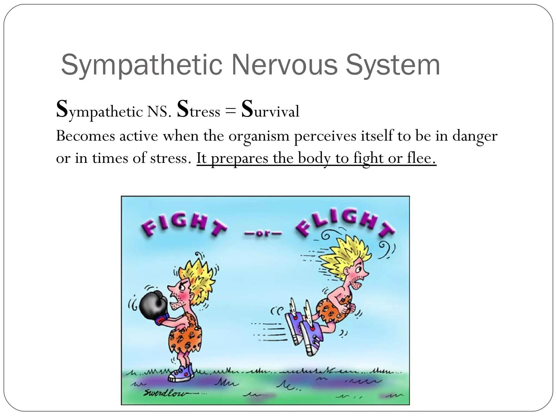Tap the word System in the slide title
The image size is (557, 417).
point(393,65)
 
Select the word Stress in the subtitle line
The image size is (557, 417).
point(198,110)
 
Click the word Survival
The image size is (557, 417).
point(270,110)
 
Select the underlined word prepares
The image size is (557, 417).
point(239,159)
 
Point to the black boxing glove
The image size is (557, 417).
point(153,305)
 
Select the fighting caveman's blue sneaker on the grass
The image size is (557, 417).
point(181,373)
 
